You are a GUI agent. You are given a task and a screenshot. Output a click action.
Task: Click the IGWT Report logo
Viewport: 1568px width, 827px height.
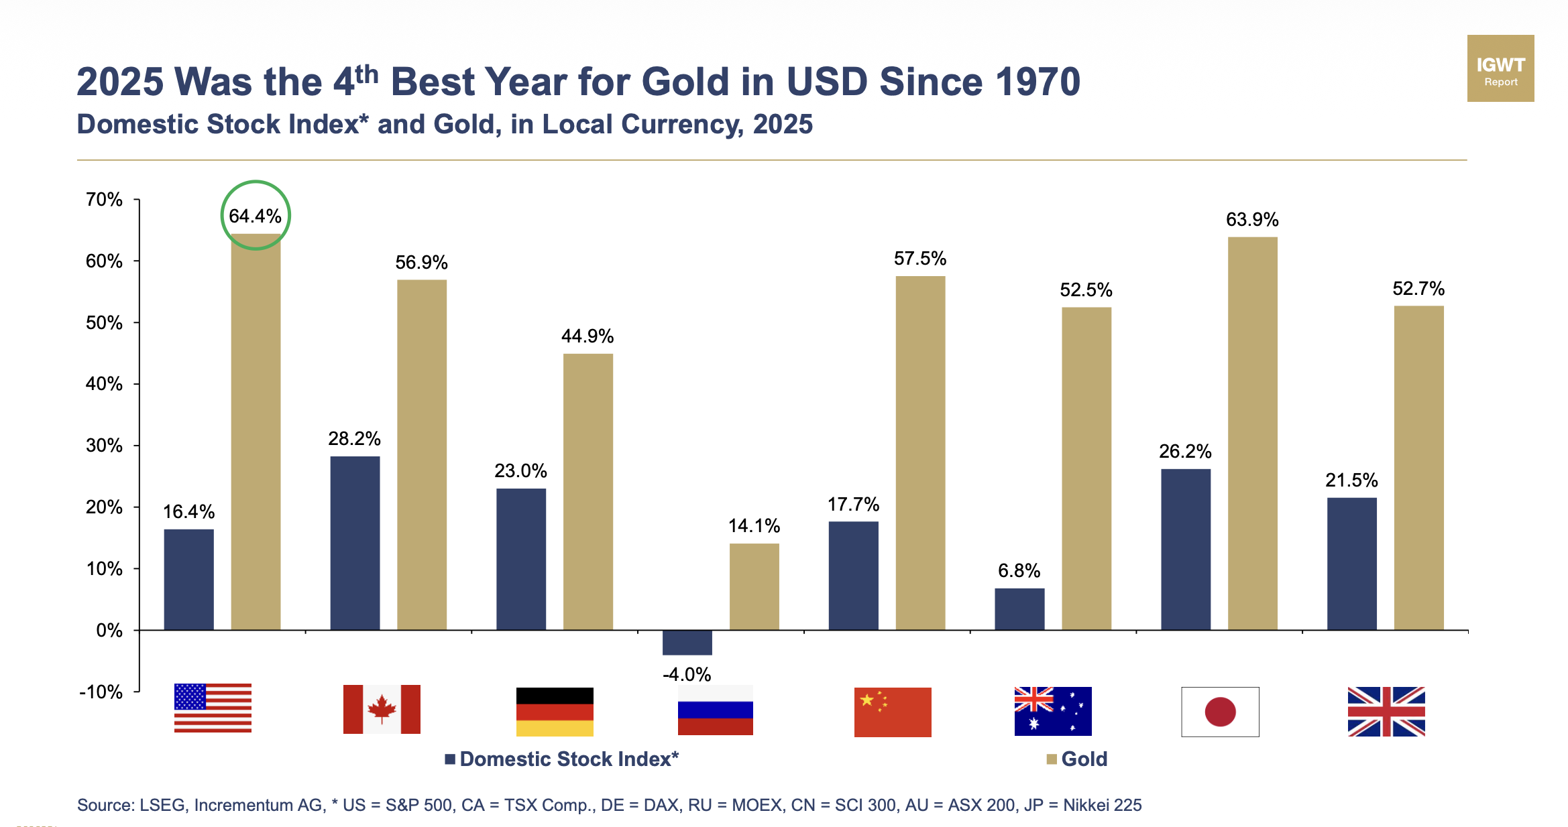(x=1500, y=68)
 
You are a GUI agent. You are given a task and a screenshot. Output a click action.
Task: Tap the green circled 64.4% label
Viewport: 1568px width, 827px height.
(x=255, y=216)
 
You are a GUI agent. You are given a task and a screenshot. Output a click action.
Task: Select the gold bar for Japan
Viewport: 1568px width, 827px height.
(x=1252, y=433)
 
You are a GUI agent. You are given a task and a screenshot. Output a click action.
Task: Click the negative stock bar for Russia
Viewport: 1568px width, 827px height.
(x=687, y=642)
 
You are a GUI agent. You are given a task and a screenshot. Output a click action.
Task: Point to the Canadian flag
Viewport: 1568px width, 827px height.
(x=382, y=709)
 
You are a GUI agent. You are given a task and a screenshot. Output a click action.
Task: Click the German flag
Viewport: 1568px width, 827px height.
(x=555, y=712)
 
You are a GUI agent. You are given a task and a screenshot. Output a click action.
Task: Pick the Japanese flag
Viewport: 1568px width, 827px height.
(x=1220, y=712)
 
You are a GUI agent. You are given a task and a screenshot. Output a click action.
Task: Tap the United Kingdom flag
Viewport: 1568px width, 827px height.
(x=1386, y=712)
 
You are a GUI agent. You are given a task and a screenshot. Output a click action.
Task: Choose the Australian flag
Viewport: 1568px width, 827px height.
(x=1053, y=711)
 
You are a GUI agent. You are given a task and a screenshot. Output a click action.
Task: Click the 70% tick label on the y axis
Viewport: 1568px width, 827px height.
(x=104, y=200)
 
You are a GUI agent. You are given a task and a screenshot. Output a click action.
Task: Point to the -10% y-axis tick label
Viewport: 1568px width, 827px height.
(x=101, y=692)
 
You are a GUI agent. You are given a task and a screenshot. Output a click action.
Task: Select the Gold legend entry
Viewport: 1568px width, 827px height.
(x=1078, y=759)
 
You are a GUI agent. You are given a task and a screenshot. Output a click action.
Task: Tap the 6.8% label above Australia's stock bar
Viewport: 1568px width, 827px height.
(x=1019, y=570)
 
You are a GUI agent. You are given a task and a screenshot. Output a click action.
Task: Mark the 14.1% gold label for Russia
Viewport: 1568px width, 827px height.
(x=754, y=525)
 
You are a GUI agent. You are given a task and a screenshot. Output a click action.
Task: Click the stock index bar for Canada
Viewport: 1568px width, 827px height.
(x=355, y=543)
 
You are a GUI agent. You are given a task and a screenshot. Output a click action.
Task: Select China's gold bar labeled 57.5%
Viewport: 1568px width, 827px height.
(x=920, y=452)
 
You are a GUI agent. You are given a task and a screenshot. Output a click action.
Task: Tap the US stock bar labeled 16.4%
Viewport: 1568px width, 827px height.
(x=188, y=579)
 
